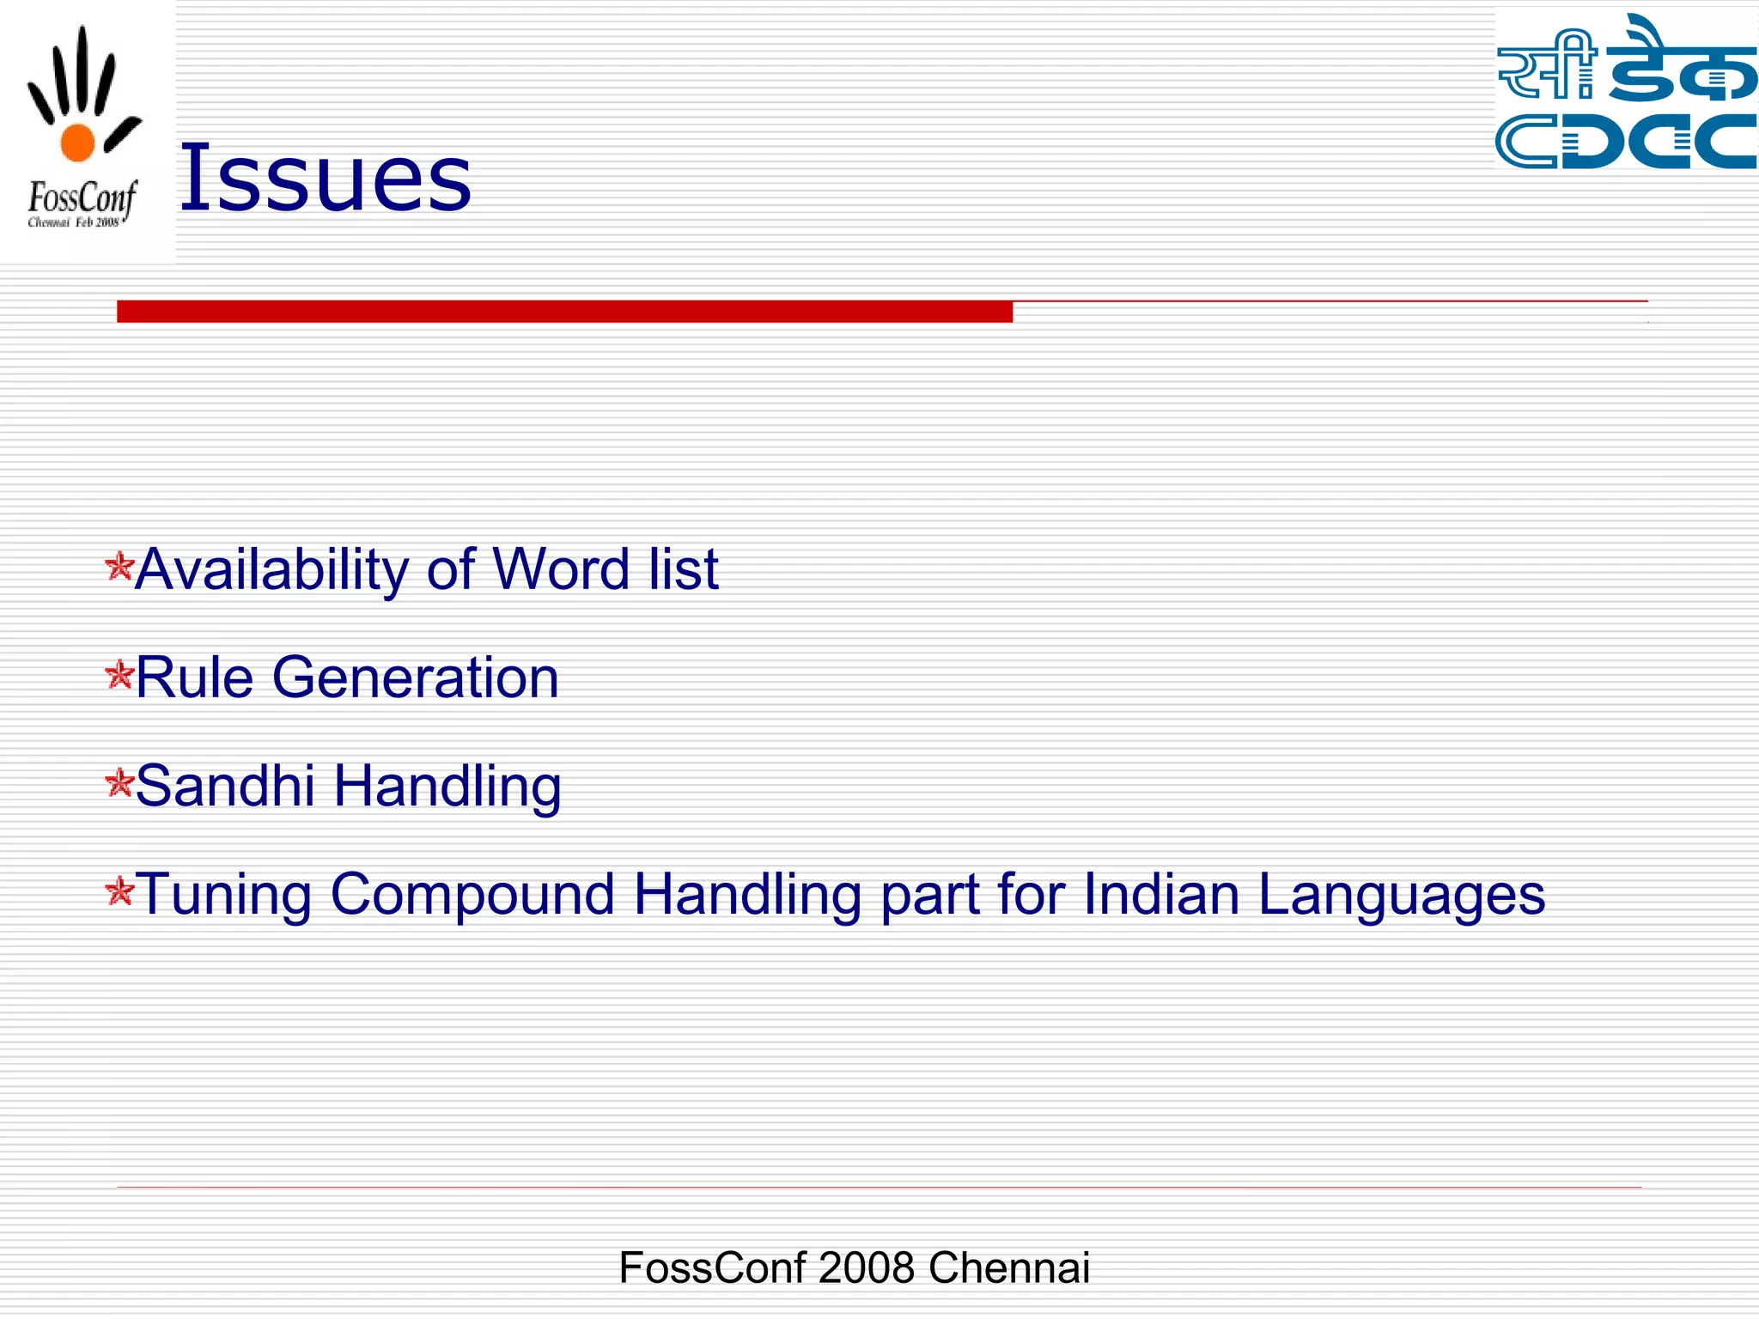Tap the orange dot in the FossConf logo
tap(77, 142)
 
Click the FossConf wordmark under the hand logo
tap(82, 198)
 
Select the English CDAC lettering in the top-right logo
tap(1625, 141)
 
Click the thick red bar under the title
tap(564, 312)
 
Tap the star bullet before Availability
tap(119, 567)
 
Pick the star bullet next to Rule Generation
tap(119, 675)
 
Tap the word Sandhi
tap(225, 786)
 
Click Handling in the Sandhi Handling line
tap(447, 787)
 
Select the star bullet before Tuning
tap(119, 891)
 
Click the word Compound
tap(472, 896)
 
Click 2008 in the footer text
tap(866, 1267)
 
